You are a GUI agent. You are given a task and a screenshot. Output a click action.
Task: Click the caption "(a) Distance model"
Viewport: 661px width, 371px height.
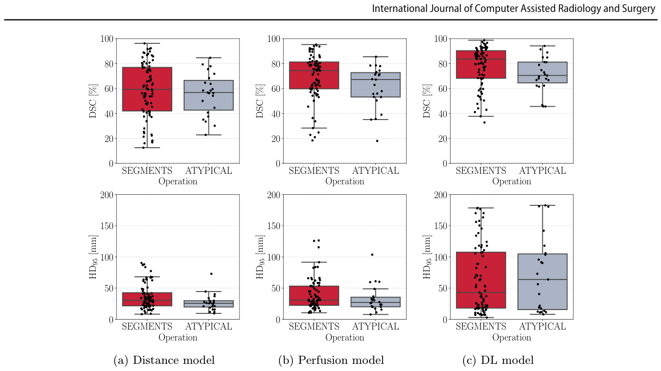pyautogui.click(x=164, y=360)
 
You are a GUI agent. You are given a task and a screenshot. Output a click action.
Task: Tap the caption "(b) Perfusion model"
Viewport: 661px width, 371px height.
pyautogui.click(x=331, y=360)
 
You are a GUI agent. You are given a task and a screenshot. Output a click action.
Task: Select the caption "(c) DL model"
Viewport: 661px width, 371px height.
pyautogui.click(x=498, y=360)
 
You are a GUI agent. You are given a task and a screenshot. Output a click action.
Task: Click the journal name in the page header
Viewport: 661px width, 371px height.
pyautogui.click(x=514, y=9)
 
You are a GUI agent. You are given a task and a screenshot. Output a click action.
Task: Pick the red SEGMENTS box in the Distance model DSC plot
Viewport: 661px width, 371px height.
pyautogui.click(x=147, y=89)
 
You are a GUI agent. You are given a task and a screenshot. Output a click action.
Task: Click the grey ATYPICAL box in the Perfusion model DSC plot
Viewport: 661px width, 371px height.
pyautogui.click(x=376, y=85)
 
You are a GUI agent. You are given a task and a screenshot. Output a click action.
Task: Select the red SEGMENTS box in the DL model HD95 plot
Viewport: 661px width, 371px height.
pyautogui.click(x=481, y=280)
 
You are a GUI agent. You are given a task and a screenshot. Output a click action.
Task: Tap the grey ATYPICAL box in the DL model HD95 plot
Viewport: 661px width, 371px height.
pyautogui.click(x=542, y=282)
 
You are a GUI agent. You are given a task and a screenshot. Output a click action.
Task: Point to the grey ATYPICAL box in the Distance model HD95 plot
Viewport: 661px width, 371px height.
pyautogui.click(x=208, y=304)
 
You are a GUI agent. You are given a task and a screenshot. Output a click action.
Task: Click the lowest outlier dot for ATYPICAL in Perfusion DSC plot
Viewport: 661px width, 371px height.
pyautogui.click(x=377, y=141)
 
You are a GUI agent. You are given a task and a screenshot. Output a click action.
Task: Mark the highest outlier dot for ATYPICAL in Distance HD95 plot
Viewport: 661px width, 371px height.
pyautogui.click(x=211, y=274)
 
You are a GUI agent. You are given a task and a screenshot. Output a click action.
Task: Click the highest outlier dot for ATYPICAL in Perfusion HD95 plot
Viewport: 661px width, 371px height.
pyautogui.click(x=372, y=255)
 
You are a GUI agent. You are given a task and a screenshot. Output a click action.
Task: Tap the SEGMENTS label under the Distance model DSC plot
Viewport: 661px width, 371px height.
pyautogui.click(x=147, y=170)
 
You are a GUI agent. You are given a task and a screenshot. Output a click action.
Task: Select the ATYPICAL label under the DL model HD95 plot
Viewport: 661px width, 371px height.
pyautogui.click(x=542, y=327)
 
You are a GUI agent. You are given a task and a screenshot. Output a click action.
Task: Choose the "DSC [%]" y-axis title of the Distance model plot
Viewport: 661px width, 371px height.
pyautogui.click(x=93, y=101)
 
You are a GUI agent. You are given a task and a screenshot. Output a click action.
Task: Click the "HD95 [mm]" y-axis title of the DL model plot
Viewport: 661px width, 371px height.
pyautogui.click(x=427, y=257)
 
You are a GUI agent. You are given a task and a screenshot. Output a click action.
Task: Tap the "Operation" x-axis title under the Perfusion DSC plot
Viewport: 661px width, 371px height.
pyautogui.click(x=345, y=181)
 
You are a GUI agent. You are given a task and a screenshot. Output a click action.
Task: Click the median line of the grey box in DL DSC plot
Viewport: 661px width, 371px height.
pyautogui.click(x=542, y=75)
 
